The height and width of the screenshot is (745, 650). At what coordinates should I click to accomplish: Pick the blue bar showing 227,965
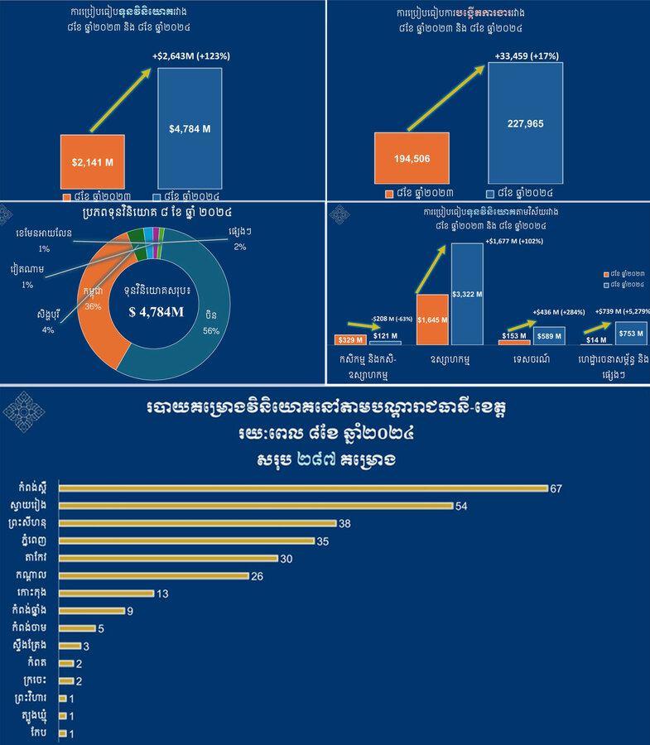click(x=525, y=123)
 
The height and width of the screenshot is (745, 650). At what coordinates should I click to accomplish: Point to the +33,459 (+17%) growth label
click(x=526, y=55)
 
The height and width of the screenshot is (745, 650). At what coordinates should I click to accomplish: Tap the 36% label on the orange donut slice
click(x=92, y=305)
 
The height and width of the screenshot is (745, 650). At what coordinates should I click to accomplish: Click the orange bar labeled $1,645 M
click(x=432, y=320)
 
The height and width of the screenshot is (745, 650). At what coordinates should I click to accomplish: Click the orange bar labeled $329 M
click(x=349, y=339)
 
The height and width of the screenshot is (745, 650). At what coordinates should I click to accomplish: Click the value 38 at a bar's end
click(x=346, y=523)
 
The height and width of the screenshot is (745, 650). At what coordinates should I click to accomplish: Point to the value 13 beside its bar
click(x=164, y=594)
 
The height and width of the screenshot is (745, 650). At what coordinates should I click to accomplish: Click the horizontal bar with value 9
click(x=91, y=611)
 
